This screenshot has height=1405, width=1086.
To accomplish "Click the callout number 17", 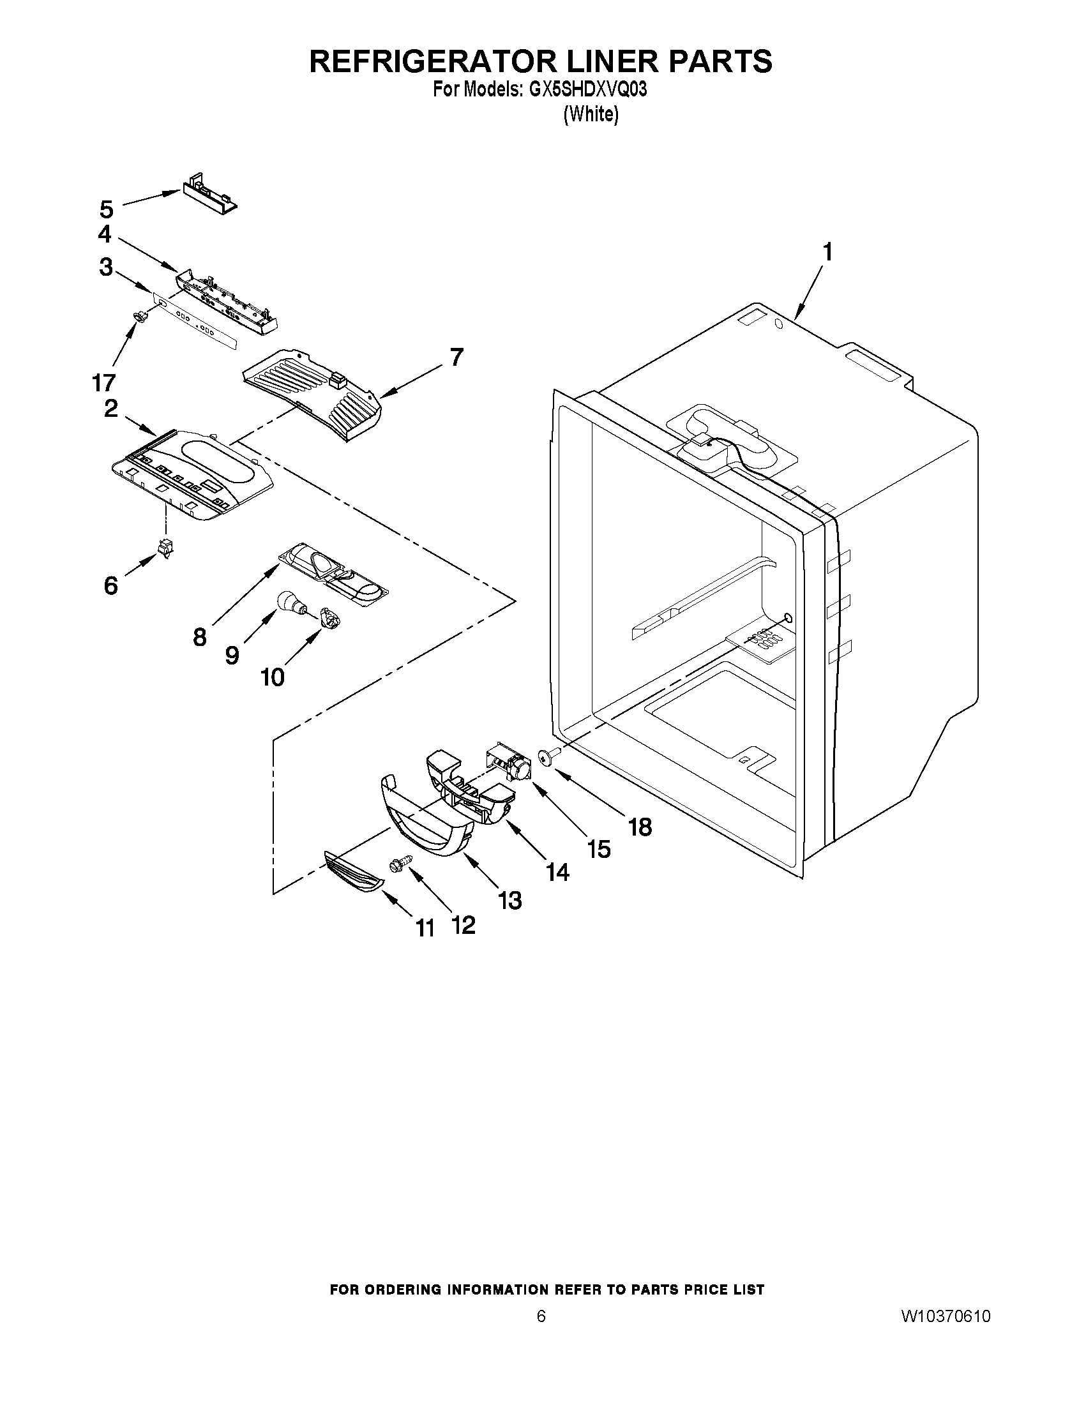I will click(103, 382).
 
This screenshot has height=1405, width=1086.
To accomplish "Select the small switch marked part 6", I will click(166, 547).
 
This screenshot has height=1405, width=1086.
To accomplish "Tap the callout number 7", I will click(456, 356).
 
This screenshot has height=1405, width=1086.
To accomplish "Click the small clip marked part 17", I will click(139, 315).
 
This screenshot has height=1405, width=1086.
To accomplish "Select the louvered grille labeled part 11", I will click(354, 872).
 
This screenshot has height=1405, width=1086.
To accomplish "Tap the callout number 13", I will click(509, 900).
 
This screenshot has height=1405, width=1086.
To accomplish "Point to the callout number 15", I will click(598, 848).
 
